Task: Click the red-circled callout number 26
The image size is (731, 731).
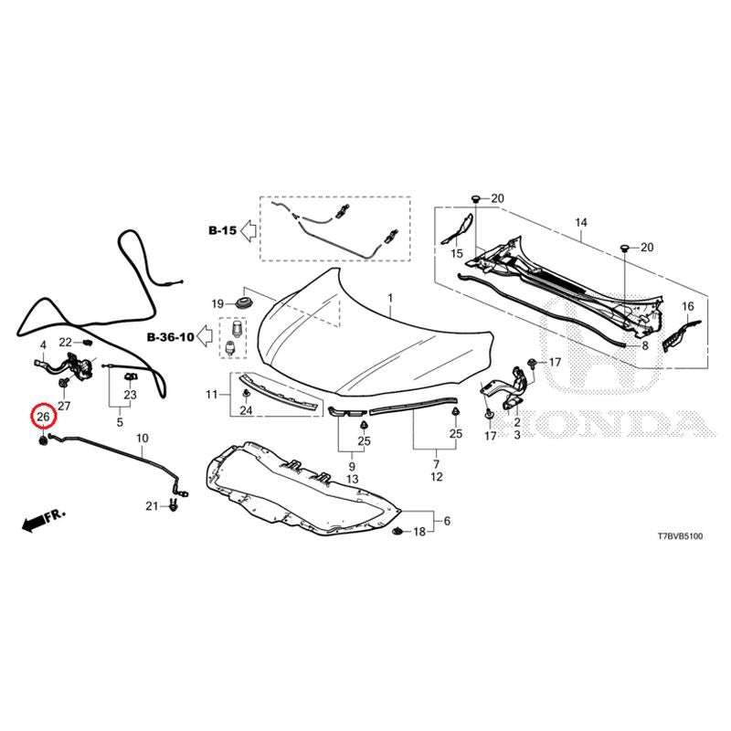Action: [43, 417]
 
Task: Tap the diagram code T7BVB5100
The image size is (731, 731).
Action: [680, 536]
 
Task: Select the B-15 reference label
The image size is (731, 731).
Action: [222, 230]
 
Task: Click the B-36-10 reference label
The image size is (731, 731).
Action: [171, 336]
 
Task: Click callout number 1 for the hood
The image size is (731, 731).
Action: [390, 298]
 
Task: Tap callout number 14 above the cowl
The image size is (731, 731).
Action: [581, 222]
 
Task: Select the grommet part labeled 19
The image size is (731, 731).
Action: [243, 302]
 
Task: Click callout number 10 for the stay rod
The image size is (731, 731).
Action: [143, 439]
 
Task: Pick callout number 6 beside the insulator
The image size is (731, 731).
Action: [447, 521]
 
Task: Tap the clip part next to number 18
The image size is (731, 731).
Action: [397, 531]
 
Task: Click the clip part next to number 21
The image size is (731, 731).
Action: [174, 505]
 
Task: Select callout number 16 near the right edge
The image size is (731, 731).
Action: [688, 306]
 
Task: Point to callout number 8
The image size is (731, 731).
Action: [645, 346]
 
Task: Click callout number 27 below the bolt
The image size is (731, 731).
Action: [64, 406]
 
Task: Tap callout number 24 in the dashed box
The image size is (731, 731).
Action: [246, 410]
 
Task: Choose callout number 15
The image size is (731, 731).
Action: [457, 254]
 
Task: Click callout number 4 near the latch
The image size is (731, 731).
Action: [43, 345]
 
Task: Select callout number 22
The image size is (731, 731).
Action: [65, 343]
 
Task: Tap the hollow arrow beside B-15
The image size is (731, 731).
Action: [248, 231]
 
